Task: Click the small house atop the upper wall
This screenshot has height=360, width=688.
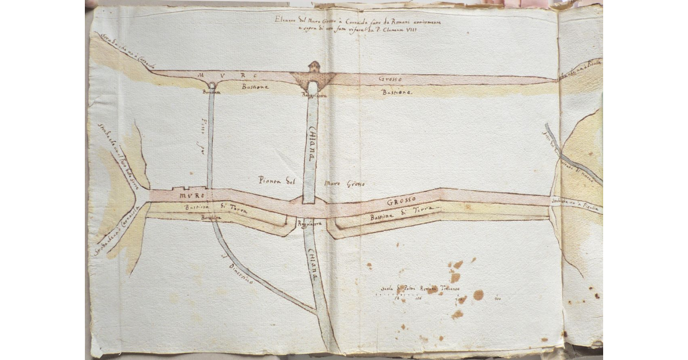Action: coord(313,66)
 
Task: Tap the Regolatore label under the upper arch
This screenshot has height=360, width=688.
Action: coord(314,96)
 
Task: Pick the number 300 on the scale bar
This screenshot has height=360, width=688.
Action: coord(497,298)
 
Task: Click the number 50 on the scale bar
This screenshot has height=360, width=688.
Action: coord(396,298)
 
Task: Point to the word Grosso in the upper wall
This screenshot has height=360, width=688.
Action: coord(392,78)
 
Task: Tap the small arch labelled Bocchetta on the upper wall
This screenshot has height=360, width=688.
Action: coord(212,85)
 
